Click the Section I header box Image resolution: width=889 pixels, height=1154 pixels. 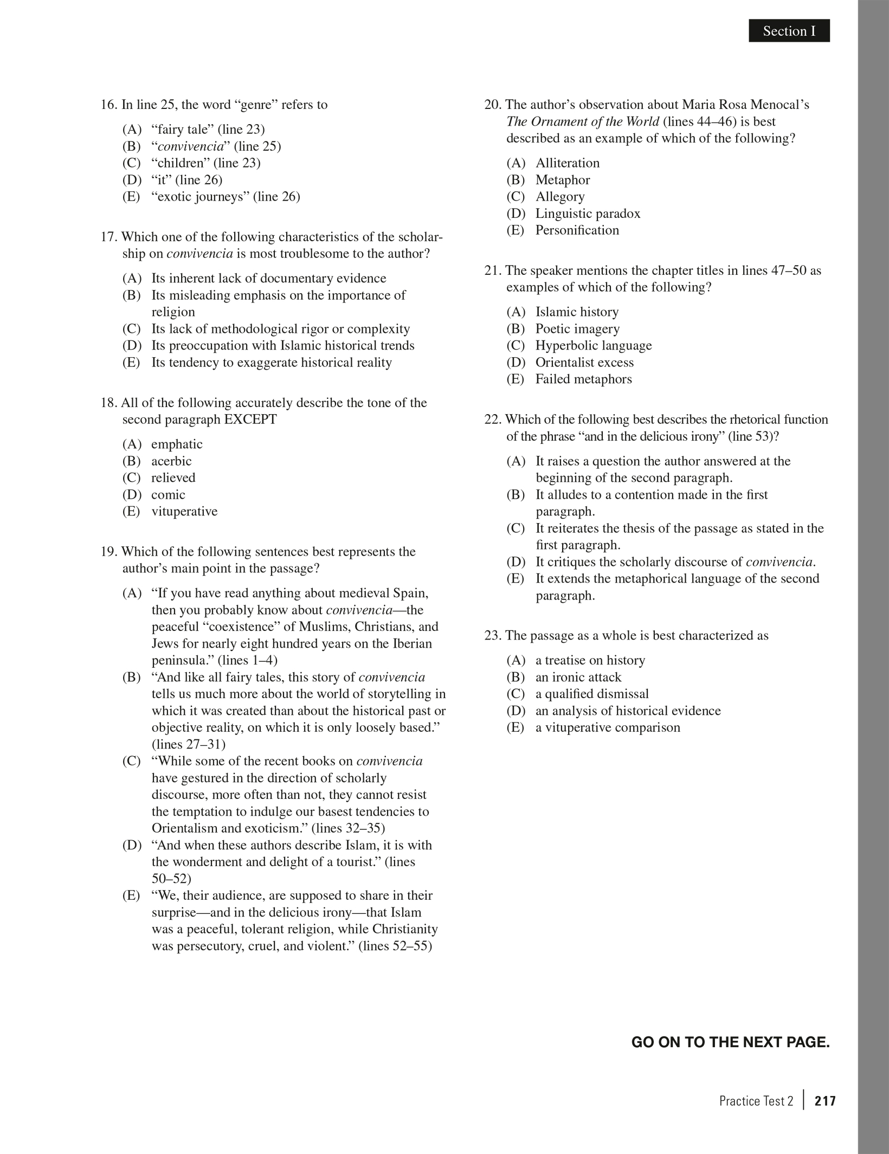(789, 31)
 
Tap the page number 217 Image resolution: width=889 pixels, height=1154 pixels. (825, 1101)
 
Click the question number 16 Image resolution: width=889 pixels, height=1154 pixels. (109, 105)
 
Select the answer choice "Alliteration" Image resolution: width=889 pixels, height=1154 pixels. (567, 163)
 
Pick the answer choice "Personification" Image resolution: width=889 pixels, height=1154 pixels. (577, 230)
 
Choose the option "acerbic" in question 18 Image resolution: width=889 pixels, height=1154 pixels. (171, 461)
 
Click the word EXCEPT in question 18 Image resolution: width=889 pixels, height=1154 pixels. (250, 420)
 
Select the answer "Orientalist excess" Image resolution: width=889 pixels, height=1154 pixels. (584, 363)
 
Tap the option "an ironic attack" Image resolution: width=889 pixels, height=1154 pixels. (578, 678)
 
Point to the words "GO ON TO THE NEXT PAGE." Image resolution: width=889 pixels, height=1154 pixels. (730, 1042)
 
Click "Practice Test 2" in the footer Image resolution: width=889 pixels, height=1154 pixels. (756, 1101)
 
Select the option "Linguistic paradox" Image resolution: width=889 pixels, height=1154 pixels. (588, 214)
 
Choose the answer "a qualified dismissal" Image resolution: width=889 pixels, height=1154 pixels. (591, 694)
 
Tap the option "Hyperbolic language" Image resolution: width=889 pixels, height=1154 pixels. (594, 346)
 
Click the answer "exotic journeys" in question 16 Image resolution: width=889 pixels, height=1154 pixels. (225, 197)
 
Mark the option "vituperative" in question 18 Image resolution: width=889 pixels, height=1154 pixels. (184, 512)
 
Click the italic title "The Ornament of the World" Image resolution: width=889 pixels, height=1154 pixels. (583, 121)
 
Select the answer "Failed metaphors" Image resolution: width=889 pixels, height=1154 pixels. (583, 379)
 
